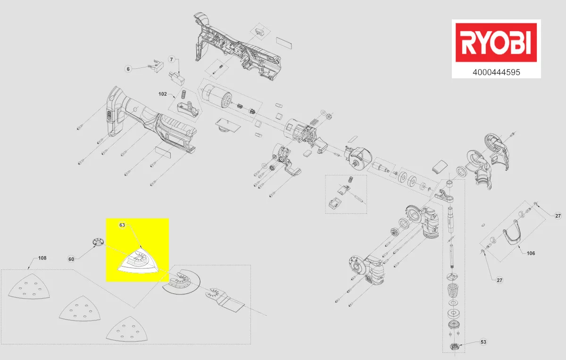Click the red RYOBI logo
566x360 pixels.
point(496,42)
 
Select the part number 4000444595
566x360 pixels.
point(496,73)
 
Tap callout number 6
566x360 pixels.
point(128,69)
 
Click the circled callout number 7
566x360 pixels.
point(172,59)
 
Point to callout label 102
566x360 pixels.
point(162,94)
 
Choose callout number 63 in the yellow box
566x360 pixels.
point(122,225)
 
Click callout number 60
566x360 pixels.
point(71,259)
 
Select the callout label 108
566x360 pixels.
point(42,258)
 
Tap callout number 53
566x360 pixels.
point(483,342)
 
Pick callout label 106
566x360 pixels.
point(531,253)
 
